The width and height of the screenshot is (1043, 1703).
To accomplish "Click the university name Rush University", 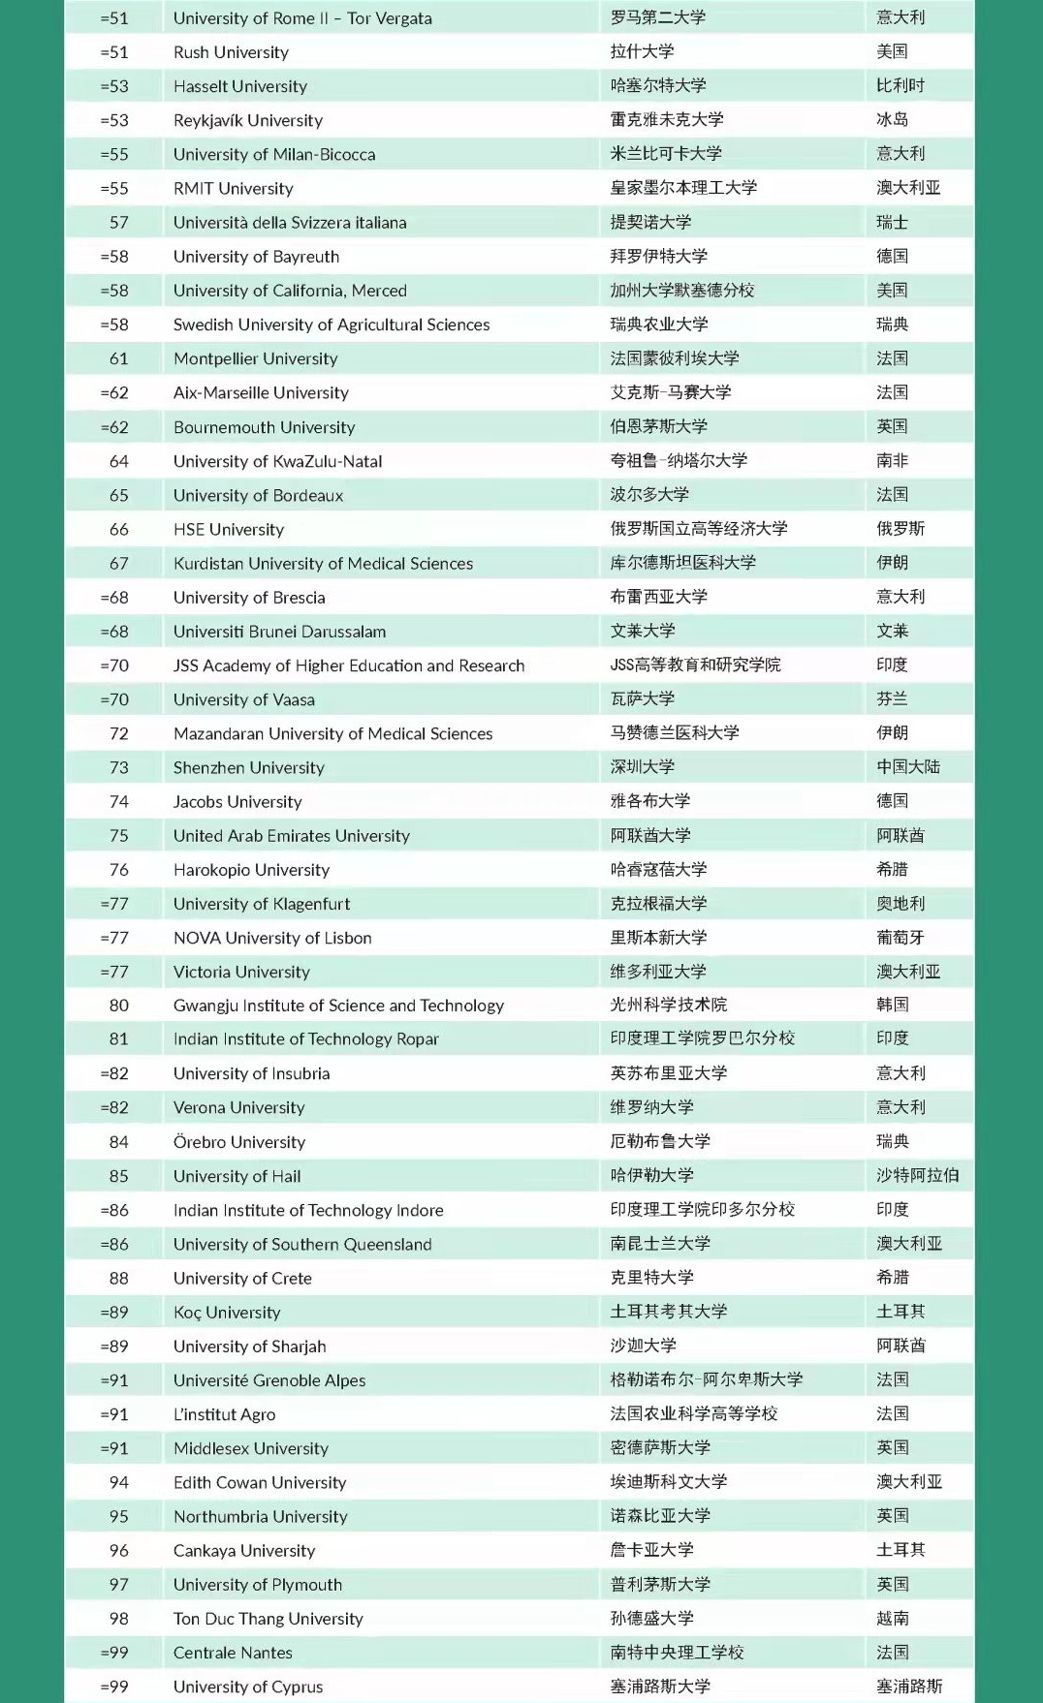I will pos(231,52).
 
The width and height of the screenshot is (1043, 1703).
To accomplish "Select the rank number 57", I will pos(118,223).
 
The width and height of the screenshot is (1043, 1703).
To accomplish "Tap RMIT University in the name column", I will pos(233,189).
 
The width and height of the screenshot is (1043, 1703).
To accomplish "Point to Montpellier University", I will pos(255,358).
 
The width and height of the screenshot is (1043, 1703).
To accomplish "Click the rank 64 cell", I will pos(118,461).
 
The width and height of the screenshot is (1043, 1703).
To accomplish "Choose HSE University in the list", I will pos(228,530).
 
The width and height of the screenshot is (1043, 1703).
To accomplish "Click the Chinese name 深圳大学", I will pos(642,767).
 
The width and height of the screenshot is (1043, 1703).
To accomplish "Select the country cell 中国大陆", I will pos(907,767).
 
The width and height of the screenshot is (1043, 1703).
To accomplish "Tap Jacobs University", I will pos(237,802).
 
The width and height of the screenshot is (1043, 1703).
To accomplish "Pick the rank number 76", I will pos(118,870).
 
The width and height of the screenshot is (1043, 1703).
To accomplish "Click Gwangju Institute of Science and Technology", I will pos(338,1006).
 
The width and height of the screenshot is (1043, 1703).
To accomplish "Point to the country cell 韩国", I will pos(892,1006).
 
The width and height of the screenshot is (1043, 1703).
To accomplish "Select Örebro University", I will pos(238,1142).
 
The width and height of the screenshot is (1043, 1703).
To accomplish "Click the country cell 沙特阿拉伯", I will pos(917,1176).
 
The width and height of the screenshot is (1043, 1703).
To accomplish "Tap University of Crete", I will pos(242,1279).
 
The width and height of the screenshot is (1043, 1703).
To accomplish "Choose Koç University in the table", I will pos(227,1313).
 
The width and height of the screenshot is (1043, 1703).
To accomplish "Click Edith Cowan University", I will pos(259,1483).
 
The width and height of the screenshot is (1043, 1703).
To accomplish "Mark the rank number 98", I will pos(118,1619).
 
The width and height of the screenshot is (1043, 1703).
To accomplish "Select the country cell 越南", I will pos(892,1619).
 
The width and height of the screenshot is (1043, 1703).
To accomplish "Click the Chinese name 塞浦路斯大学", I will pos(659,1687).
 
